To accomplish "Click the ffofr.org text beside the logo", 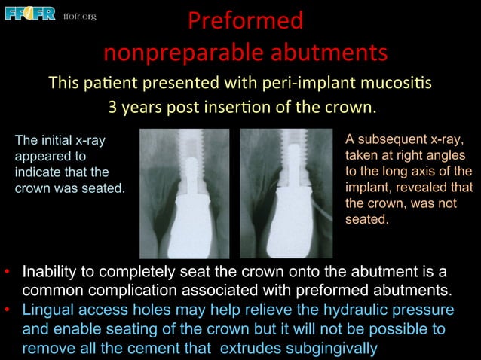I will click(79, 16).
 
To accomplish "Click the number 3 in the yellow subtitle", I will click(113, 106).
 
